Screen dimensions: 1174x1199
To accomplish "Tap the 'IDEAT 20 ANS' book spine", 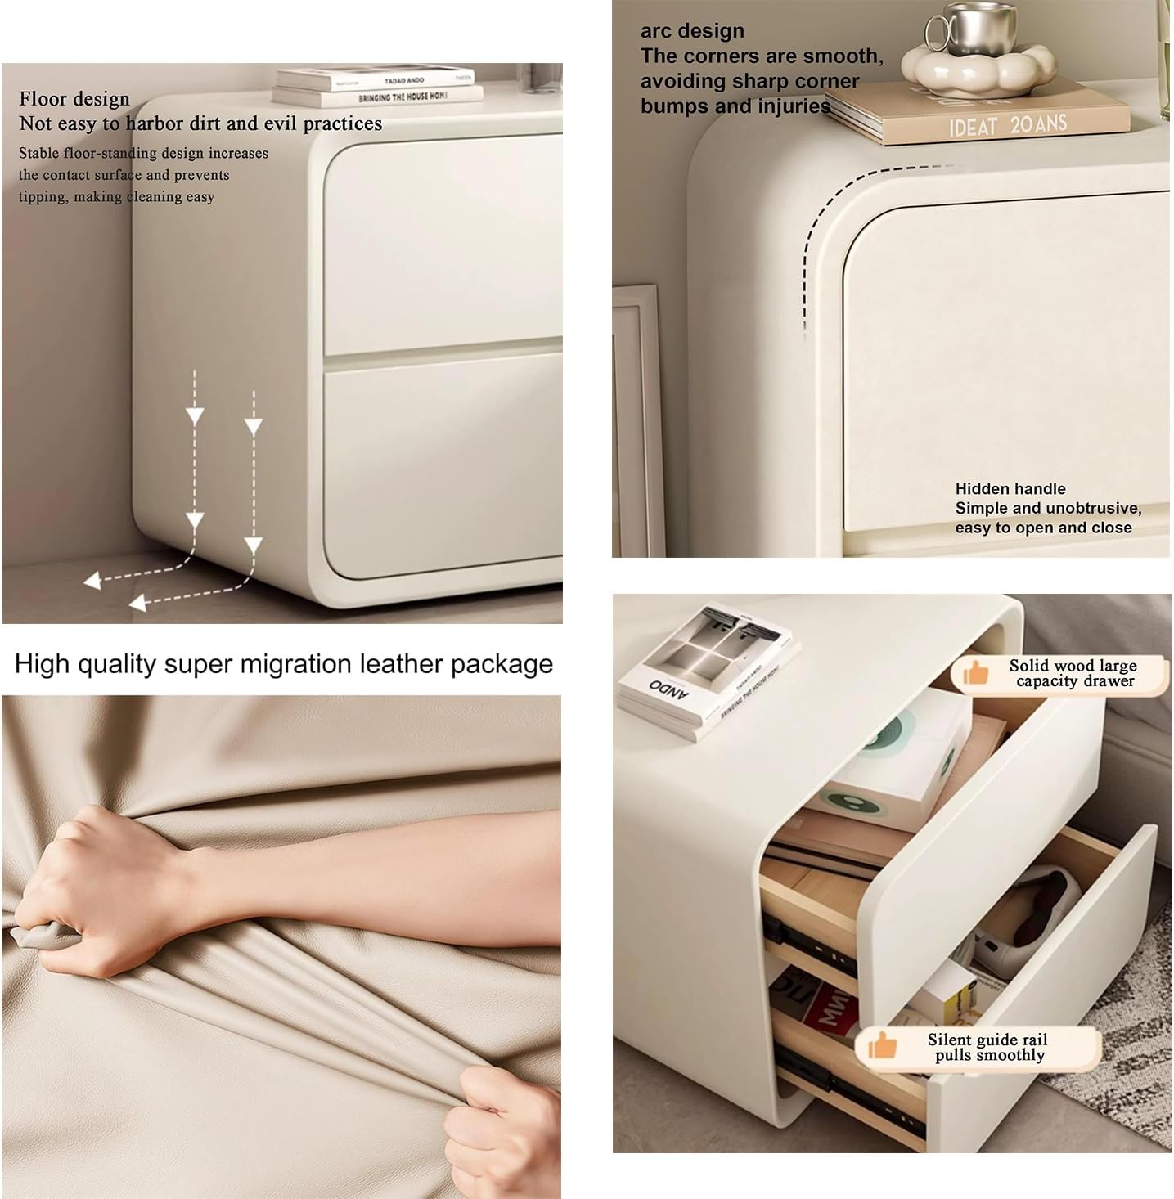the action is pyautogui.click(x=1007, y=125).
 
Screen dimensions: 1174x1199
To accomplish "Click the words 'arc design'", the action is pyautogui.click(x=692, y=30).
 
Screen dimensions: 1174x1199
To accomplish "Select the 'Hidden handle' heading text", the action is pyautogui.click(x=1010, y=488).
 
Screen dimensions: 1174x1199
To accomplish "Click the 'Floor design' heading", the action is pyautogui.click(x=74, y=98).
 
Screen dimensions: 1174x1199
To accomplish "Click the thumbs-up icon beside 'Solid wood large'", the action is pyautogui.click(x=975, y=673).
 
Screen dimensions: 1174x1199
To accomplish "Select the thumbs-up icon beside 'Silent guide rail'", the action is pyautogui.click(x=881, y=1045).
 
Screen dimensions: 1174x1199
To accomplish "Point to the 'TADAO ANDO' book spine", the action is pyautogui.click(x=376, y=79).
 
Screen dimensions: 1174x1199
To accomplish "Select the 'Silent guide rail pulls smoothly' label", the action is pyautogui.click(x=987, y=1047).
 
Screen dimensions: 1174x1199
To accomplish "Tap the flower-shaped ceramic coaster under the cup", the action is pyautogui.click(x=978, y=70).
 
